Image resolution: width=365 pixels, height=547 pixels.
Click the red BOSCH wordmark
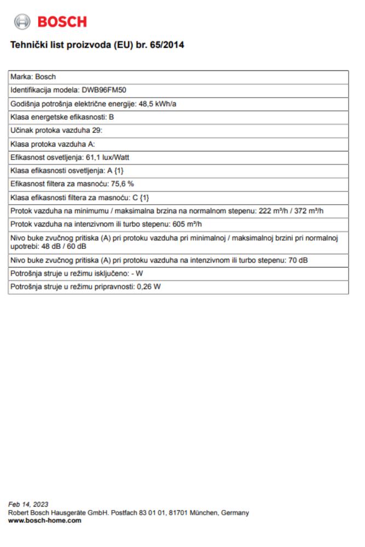(x=62, y=22)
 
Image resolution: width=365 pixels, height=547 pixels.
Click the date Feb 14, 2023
(x=27, y=504)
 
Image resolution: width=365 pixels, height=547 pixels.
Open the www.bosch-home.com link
(x=45, y=521)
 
